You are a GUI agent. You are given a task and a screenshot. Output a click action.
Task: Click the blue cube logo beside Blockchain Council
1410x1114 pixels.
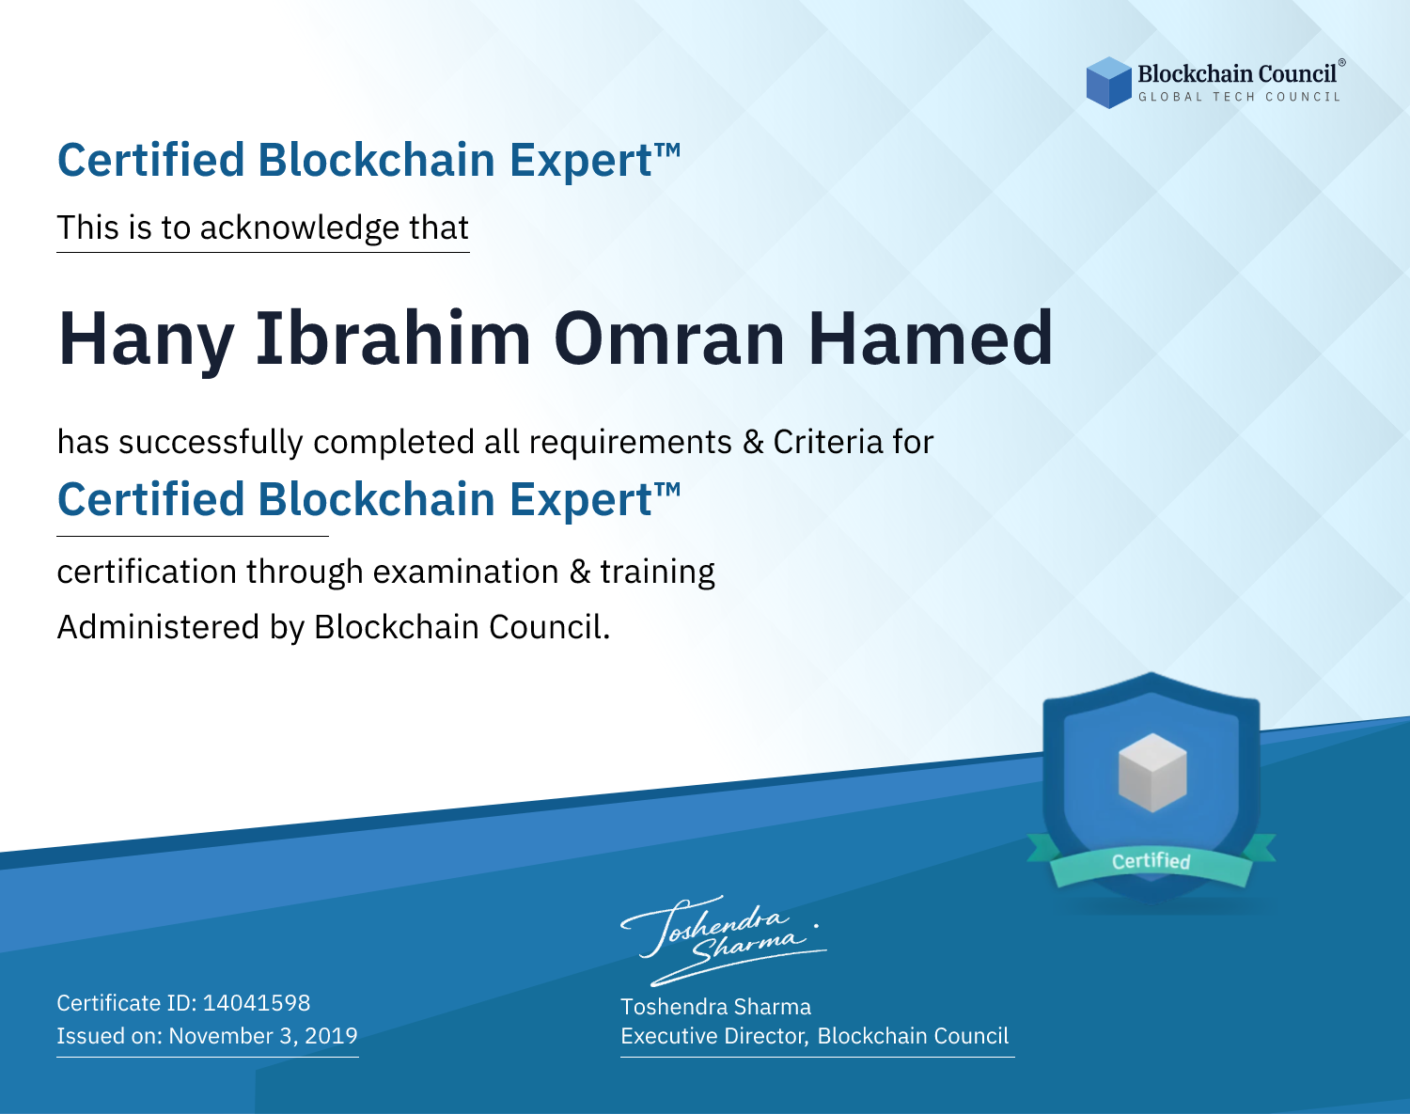[x=1108, y=83]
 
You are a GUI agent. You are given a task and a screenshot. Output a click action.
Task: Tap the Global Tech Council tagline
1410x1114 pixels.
[x=1240, y=97]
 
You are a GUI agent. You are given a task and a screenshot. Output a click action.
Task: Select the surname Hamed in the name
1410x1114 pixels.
[x=931, y=338]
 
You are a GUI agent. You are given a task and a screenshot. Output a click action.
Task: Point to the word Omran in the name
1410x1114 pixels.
[x=669, y=338]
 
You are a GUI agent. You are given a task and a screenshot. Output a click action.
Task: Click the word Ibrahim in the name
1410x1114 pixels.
[x=393, y=338]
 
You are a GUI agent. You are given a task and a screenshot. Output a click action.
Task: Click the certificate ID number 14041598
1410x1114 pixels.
[x=257, y=1002]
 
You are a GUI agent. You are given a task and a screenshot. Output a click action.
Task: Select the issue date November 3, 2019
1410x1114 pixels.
[x=263, y=1035]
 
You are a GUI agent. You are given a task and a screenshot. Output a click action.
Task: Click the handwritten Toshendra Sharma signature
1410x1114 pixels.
[x=724, y=940]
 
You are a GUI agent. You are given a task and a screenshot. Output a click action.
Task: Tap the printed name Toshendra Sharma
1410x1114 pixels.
[x=715, y=1007]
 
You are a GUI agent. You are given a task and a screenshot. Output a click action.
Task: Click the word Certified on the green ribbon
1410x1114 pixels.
[x=1151, y=861]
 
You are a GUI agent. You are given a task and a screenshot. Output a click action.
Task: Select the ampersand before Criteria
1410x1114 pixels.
[x=753, y=442]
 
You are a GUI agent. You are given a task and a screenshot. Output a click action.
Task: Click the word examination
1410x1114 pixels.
[x=466, y=572]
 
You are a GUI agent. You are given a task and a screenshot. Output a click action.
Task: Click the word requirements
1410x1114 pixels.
[x=631, y=443]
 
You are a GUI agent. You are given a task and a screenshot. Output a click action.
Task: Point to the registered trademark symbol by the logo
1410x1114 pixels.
[x=1342, y=62]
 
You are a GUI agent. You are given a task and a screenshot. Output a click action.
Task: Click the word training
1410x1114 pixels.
[x=658, y=573]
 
